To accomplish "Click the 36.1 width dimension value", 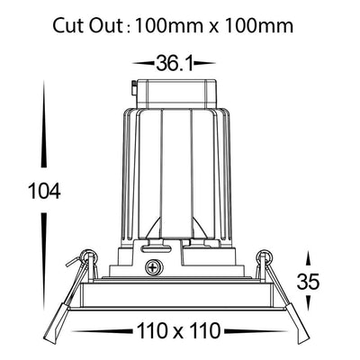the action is [175, 63].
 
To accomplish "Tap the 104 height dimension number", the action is [44, 191].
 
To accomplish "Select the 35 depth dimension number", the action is [308, 282].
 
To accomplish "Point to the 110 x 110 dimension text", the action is [178, 331].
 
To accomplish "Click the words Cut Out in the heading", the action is [88, 26].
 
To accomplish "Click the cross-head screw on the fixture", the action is [154, 266].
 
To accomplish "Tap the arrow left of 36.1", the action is [143, 63].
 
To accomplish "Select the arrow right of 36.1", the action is [205, 63].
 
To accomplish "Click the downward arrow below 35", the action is [308, 302].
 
